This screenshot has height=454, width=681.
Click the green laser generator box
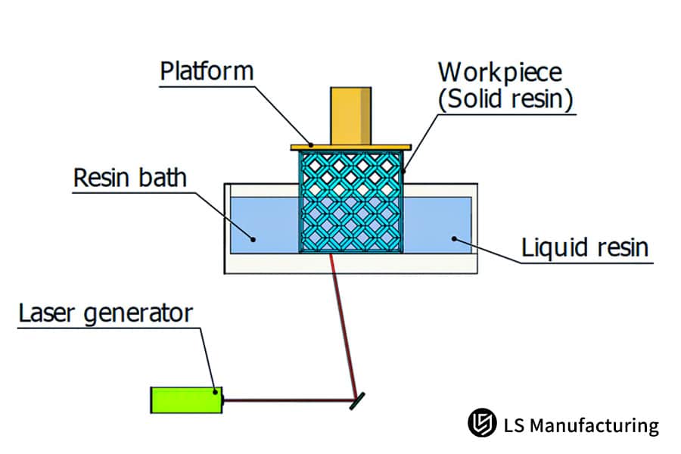point(186,400)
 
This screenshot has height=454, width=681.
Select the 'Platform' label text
point(207,72)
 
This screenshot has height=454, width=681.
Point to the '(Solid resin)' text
point(505,101)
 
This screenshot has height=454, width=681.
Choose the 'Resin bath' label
point(130,179)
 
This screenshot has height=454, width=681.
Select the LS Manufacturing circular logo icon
point(480,424)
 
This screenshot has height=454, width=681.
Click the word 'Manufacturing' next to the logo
point(594,425)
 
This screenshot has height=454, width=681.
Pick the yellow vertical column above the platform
point(351,114)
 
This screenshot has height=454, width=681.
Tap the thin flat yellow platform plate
point(350,145)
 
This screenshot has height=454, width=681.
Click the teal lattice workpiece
point(350,201)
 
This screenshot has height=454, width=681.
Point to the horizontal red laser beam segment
point(288,400)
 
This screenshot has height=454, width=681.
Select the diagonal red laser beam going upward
point(344,325)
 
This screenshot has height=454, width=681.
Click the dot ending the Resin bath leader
point(254,240)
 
